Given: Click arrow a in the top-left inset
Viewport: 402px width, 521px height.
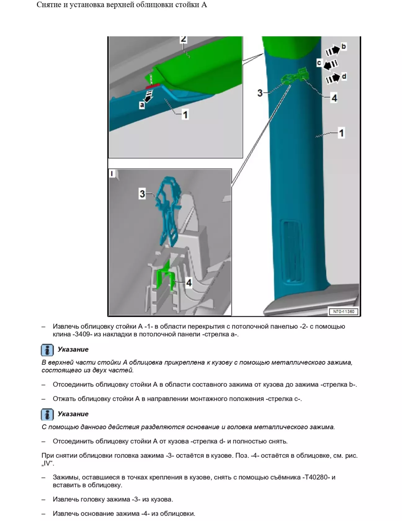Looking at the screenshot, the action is click(x=149, y=96).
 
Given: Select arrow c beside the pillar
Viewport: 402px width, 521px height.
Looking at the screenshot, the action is click(x=331, y=65).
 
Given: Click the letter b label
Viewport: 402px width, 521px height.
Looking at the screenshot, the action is click(x=344, y=46).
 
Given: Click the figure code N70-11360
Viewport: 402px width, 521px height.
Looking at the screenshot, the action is click(x=343, y=312).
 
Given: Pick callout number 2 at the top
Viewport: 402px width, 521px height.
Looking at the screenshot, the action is click(x=183, y=39).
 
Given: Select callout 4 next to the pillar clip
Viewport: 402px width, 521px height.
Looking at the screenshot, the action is click(x=334, y=98).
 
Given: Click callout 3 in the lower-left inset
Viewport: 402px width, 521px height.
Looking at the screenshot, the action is click(x=142, y=194).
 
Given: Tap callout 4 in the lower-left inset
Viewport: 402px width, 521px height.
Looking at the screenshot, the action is click(x=189, y=283).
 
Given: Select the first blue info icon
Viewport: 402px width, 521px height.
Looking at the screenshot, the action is click(x=47, y=350).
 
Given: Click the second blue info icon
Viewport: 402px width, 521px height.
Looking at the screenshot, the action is click(x=47, y=415).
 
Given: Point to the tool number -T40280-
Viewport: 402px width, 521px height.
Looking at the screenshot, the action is click(x=316, y=477).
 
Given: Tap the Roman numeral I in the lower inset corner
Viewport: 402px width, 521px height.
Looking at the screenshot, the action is click(x=112, y=174).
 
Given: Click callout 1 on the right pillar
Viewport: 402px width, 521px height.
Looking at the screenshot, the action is click(x=341, y=133).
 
